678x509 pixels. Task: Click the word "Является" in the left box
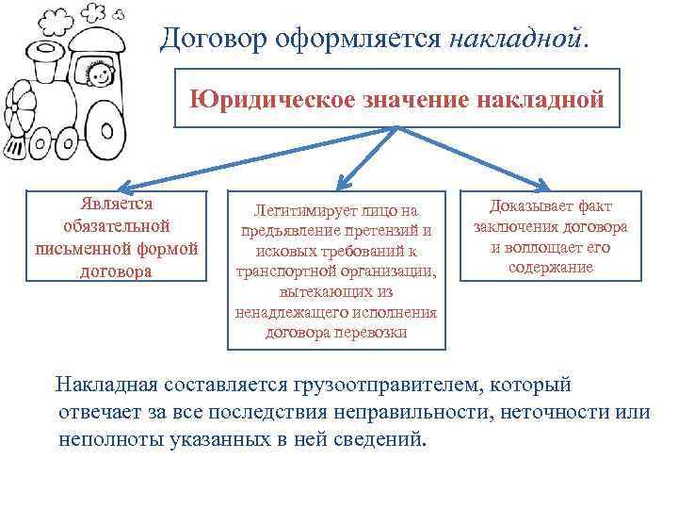click(x=118, y=204)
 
